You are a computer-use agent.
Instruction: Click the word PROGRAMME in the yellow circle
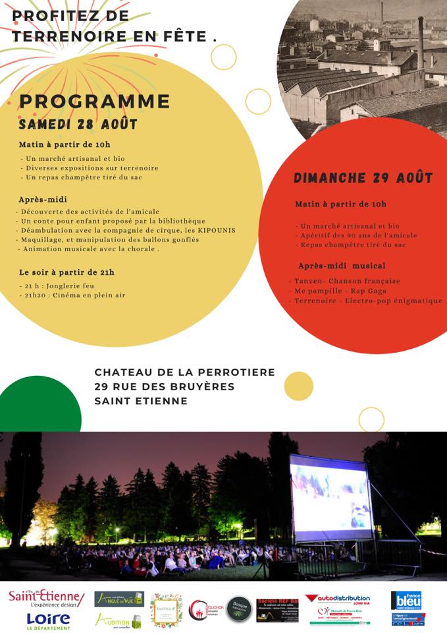point(95,102)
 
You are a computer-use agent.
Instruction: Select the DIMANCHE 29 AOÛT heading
point(363,178)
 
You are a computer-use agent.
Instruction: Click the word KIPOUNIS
point(215,230)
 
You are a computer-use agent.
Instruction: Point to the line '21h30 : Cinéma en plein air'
point(72,295)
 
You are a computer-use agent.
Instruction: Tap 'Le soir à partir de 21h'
point(66,272)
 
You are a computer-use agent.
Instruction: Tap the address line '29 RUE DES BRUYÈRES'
point(164,386)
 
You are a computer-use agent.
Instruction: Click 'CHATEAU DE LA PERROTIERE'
point(184,373)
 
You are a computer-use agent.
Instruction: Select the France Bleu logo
point(408,600)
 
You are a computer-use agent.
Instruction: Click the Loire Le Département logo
point(48,620)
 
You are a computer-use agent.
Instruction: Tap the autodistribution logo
point(338,599)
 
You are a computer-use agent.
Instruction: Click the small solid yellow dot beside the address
point(298,386)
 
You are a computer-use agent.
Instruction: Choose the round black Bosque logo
point(239,609)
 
